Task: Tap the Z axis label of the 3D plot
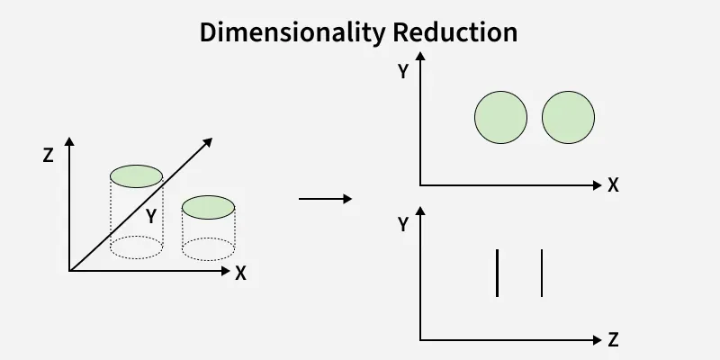click(48, 155)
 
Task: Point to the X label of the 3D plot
click(240, 274)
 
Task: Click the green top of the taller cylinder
click(136, 175)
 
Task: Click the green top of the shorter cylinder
click(208, 208)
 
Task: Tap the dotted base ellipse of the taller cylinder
click(136, 247)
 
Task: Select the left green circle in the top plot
click(500, 118)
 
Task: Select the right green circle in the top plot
click(569, 118)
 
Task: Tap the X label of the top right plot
click(613, 185)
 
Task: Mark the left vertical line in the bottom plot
click(497, 273)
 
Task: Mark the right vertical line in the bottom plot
click(542, 273)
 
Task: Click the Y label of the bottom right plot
click(403, 225)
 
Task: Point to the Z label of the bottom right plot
click(613, 340)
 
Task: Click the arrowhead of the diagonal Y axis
click(208, 142)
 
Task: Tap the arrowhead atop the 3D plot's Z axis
click(69, 142)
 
